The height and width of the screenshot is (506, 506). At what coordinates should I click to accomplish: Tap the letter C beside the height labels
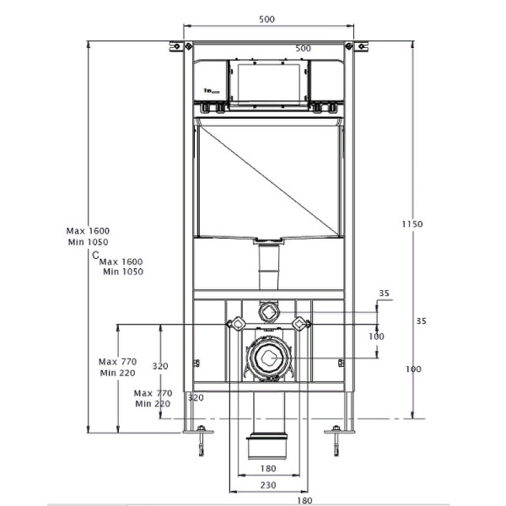(95, 254)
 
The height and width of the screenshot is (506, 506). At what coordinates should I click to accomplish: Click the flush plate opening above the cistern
(267, 82)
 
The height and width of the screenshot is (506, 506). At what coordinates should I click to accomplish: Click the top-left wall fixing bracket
(175, 46)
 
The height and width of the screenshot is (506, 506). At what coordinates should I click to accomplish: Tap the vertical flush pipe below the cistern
(267, 268)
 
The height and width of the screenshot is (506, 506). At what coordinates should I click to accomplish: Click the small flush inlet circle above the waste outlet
(267, 311)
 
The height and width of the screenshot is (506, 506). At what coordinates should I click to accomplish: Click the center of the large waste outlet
(267, 358)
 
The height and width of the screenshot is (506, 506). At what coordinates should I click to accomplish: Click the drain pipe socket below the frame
(267, 447)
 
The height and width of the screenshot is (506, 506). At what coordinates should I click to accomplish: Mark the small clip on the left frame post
(196, 363)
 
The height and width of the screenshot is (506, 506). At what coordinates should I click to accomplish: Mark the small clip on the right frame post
(340, 363)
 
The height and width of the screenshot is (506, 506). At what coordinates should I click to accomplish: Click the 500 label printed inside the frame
(304, 48)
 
